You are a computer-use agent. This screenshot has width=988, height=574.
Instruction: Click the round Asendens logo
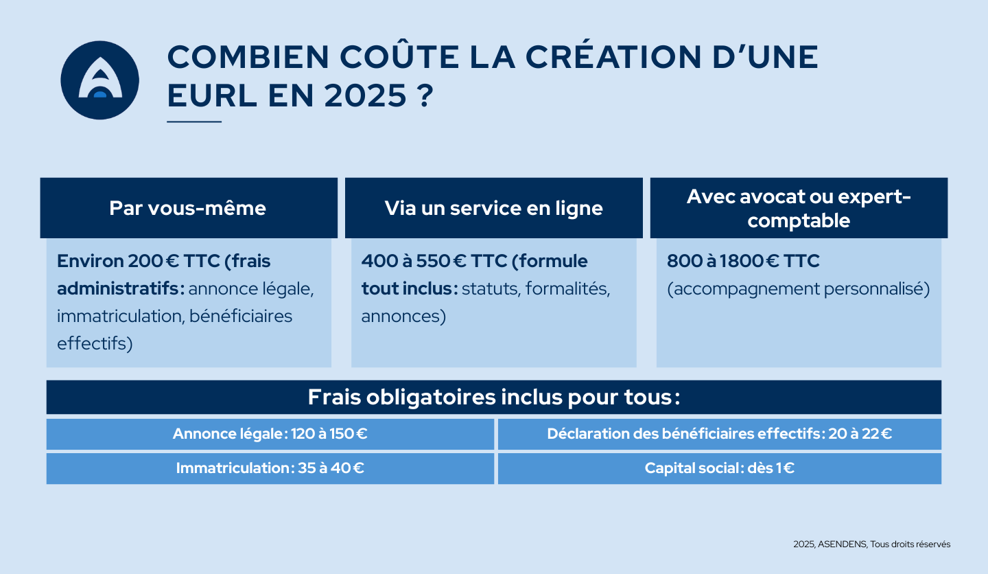tap(99, 80)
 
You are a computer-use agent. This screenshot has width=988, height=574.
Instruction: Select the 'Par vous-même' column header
tap(188, 208)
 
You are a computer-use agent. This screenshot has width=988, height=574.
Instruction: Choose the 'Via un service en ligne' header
tap(494, 208)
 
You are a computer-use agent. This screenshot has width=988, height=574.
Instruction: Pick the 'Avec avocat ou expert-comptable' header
tap(799, 208)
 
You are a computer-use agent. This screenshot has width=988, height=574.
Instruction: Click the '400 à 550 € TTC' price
tap(433, 262)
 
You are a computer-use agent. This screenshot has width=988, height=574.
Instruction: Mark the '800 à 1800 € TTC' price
tap(743, 262)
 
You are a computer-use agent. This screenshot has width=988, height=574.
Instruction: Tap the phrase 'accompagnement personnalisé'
tap(799, 289)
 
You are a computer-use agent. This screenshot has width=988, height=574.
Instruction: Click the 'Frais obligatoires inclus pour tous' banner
tap(494, 398)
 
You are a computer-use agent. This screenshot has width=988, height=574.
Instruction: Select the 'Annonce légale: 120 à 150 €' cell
tap(270, 434)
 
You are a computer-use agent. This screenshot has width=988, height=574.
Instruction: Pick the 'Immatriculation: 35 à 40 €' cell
tap(270, 468)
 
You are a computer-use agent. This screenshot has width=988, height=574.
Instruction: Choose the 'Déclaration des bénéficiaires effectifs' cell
tap(719, 434)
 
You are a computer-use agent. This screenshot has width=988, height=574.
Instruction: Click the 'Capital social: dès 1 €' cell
tap(719, 468)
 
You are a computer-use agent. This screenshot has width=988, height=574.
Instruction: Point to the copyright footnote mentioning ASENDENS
tap(871, 544)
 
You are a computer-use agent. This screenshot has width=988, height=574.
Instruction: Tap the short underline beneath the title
tap(194, 122)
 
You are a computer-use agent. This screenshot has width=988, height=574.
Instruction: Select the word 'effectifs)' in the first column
tap(95, 343)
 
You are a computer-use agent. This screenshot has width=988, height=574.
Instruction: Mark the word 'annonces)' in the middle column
tap(403, 317)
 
